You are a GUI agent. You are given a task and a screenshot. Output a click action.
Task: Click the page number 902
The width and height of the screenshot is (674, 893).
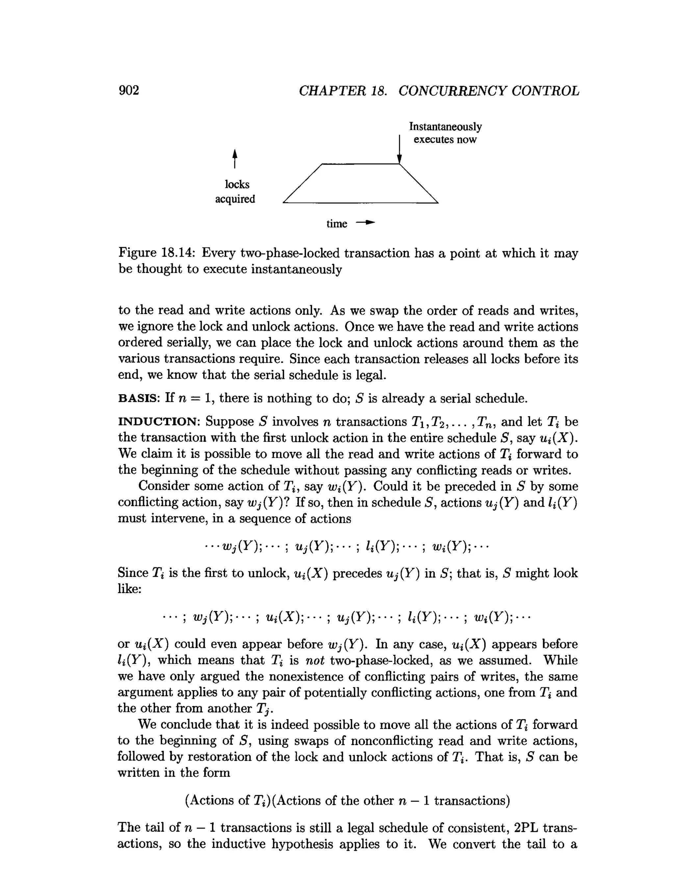129,90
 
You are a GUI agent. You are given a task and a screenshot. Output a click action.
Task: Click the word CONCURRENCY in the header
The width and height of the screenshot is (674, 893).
452,91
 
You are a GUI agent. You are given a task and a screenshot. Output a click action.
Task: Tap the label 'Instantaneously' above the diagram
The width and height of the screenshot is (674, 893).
445,127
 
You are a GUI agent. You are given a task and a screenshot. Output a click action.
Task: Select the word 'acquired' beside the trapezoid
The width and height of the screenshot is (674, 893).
235,199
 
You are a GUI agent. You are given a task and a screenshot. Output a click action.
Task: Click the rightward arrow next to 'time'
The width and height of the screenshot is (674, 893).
365,223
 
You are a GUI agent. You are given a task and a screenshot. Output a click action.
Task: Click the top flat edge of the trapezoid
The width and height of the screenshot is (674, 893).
360,164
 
